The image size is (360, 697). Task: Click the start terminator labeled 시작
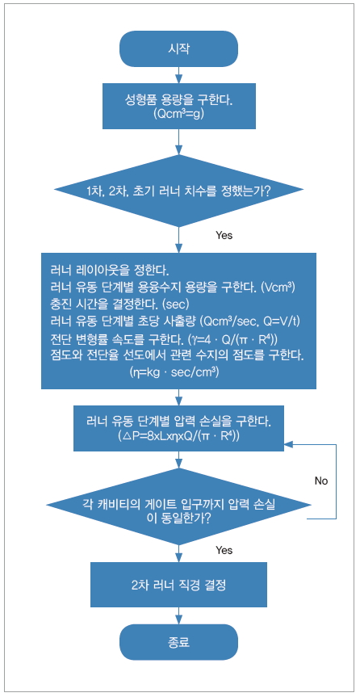pos(178,48)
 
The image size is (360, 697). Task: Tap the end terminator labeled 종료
pos(178,642)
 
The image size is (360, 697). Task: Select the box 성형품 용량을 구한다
pos(179,106)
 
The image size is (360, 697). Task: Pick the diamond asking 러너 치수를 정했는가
pos(179,191)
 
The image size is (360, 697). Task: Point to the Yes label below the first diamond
pos(224,236)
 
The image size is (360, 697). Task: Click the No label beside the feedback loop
pos(321,481)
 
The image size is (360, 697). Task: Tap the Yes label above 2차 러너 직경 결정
pos(224,551)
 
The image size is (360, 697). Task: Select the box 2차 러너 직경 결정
pos(179,585)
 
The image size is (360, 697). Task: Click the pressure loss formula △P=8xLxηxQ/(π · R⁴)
pos(179,436)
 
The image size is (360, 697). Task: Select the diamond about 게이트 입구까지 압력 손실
pos(179,505)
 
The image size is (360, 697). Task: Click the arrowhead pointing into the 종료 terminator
pos(178,620)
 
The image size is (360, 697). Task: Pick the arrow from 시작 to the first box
pos(178,74)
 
